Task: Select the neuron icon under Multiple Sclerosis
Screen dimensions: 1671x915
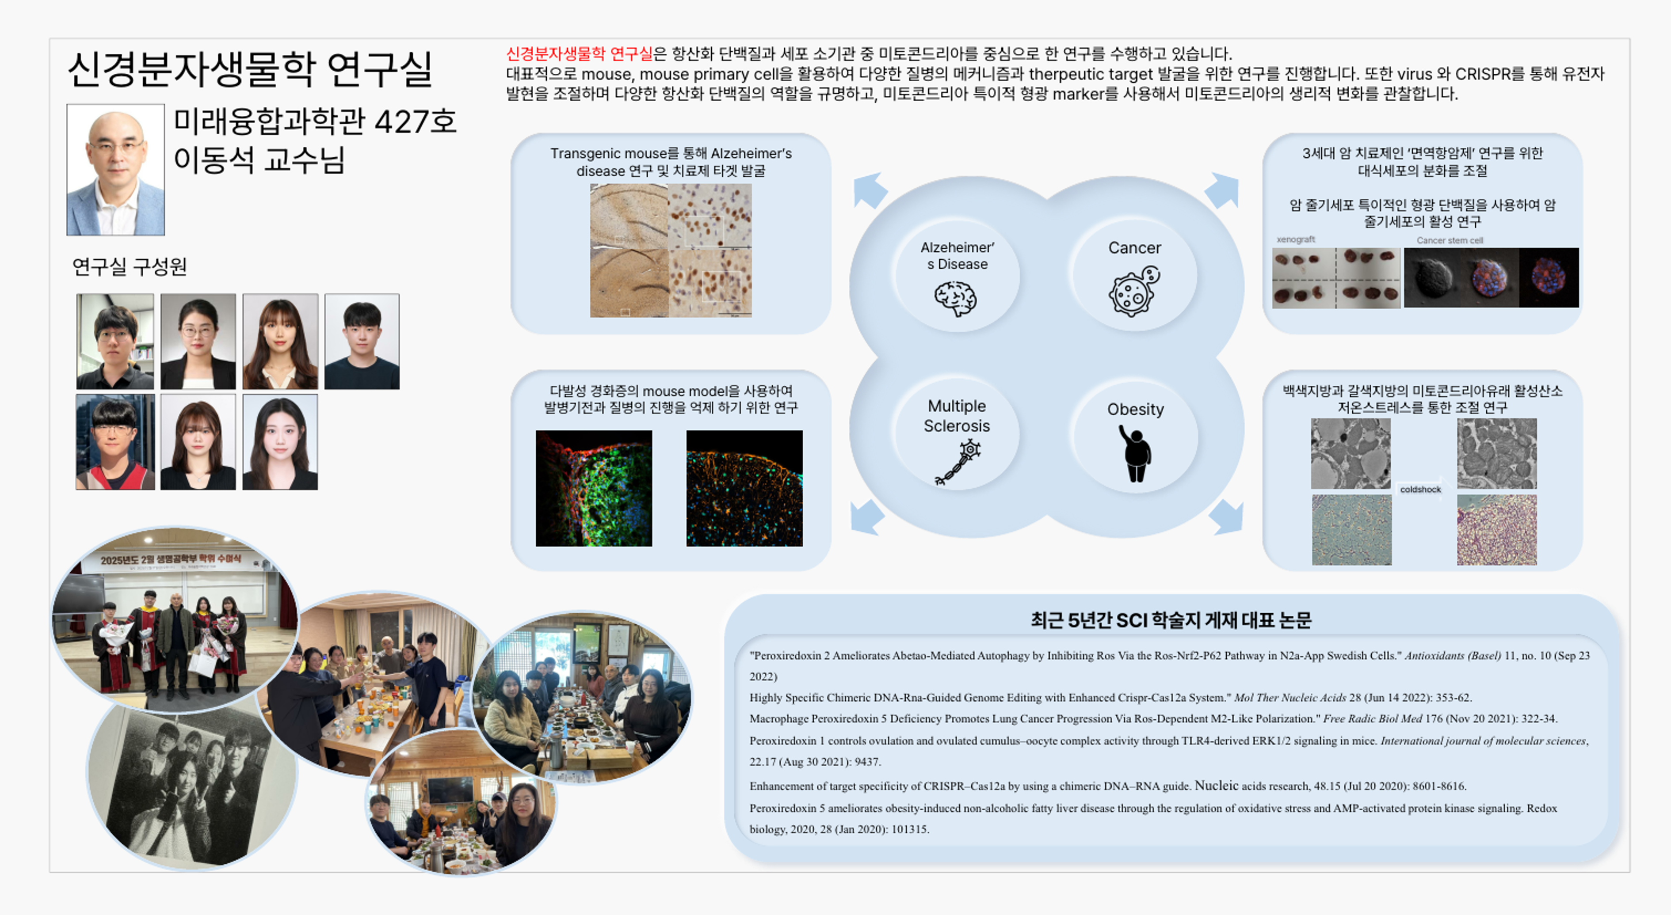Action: click(958, 462)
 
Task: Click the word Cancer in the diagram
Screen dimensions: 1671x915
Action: click(1134, 248)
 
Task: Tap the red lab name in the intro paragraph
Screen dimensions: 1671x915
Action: click(579, 53)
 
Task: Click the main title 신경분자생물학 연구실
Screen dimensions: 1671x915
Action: click(250, 69)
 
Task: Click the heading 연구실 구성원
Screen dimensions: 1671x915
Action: click(130, 266)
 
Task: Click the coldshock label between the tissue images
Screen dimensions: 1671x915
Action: click(1420, 490)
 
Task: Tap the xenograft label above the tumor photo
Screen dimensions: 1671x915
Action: click(1295, 239)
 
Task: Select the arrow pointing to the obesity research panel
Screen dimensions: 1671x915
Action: click(1225, 517)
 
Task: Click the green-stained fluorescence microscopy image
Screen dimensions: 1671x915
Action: click(594, 488)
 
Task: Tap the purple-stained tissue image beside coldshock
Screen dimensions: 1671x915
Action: click(1496, 530)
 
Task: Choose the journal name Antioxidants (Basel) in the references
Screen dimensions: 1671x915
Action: click(1453, 656)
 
